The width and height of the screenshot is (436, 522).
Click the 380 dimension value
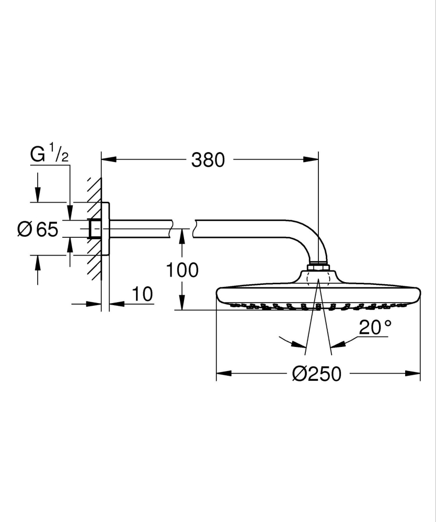coord(208,159)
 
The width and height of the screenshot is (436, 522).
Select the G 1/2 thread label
coord(50,156)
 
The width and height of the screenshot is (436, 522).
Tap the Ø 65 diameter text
coord(38,229)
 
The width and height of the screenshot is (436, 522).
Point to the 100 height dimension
coord(182,270)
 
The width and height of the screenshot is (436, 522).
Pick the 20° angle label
coord(375,328)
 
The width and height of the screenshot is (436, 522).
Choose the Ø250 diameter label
coord(317,374)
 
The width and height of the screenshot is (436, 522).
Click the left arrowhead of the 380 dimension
coord(108,157)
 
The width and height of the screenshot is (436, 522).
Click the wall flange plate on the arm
coord(106,228)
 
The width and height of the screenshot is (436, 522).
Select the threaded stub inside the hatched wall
coord(96,228)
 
